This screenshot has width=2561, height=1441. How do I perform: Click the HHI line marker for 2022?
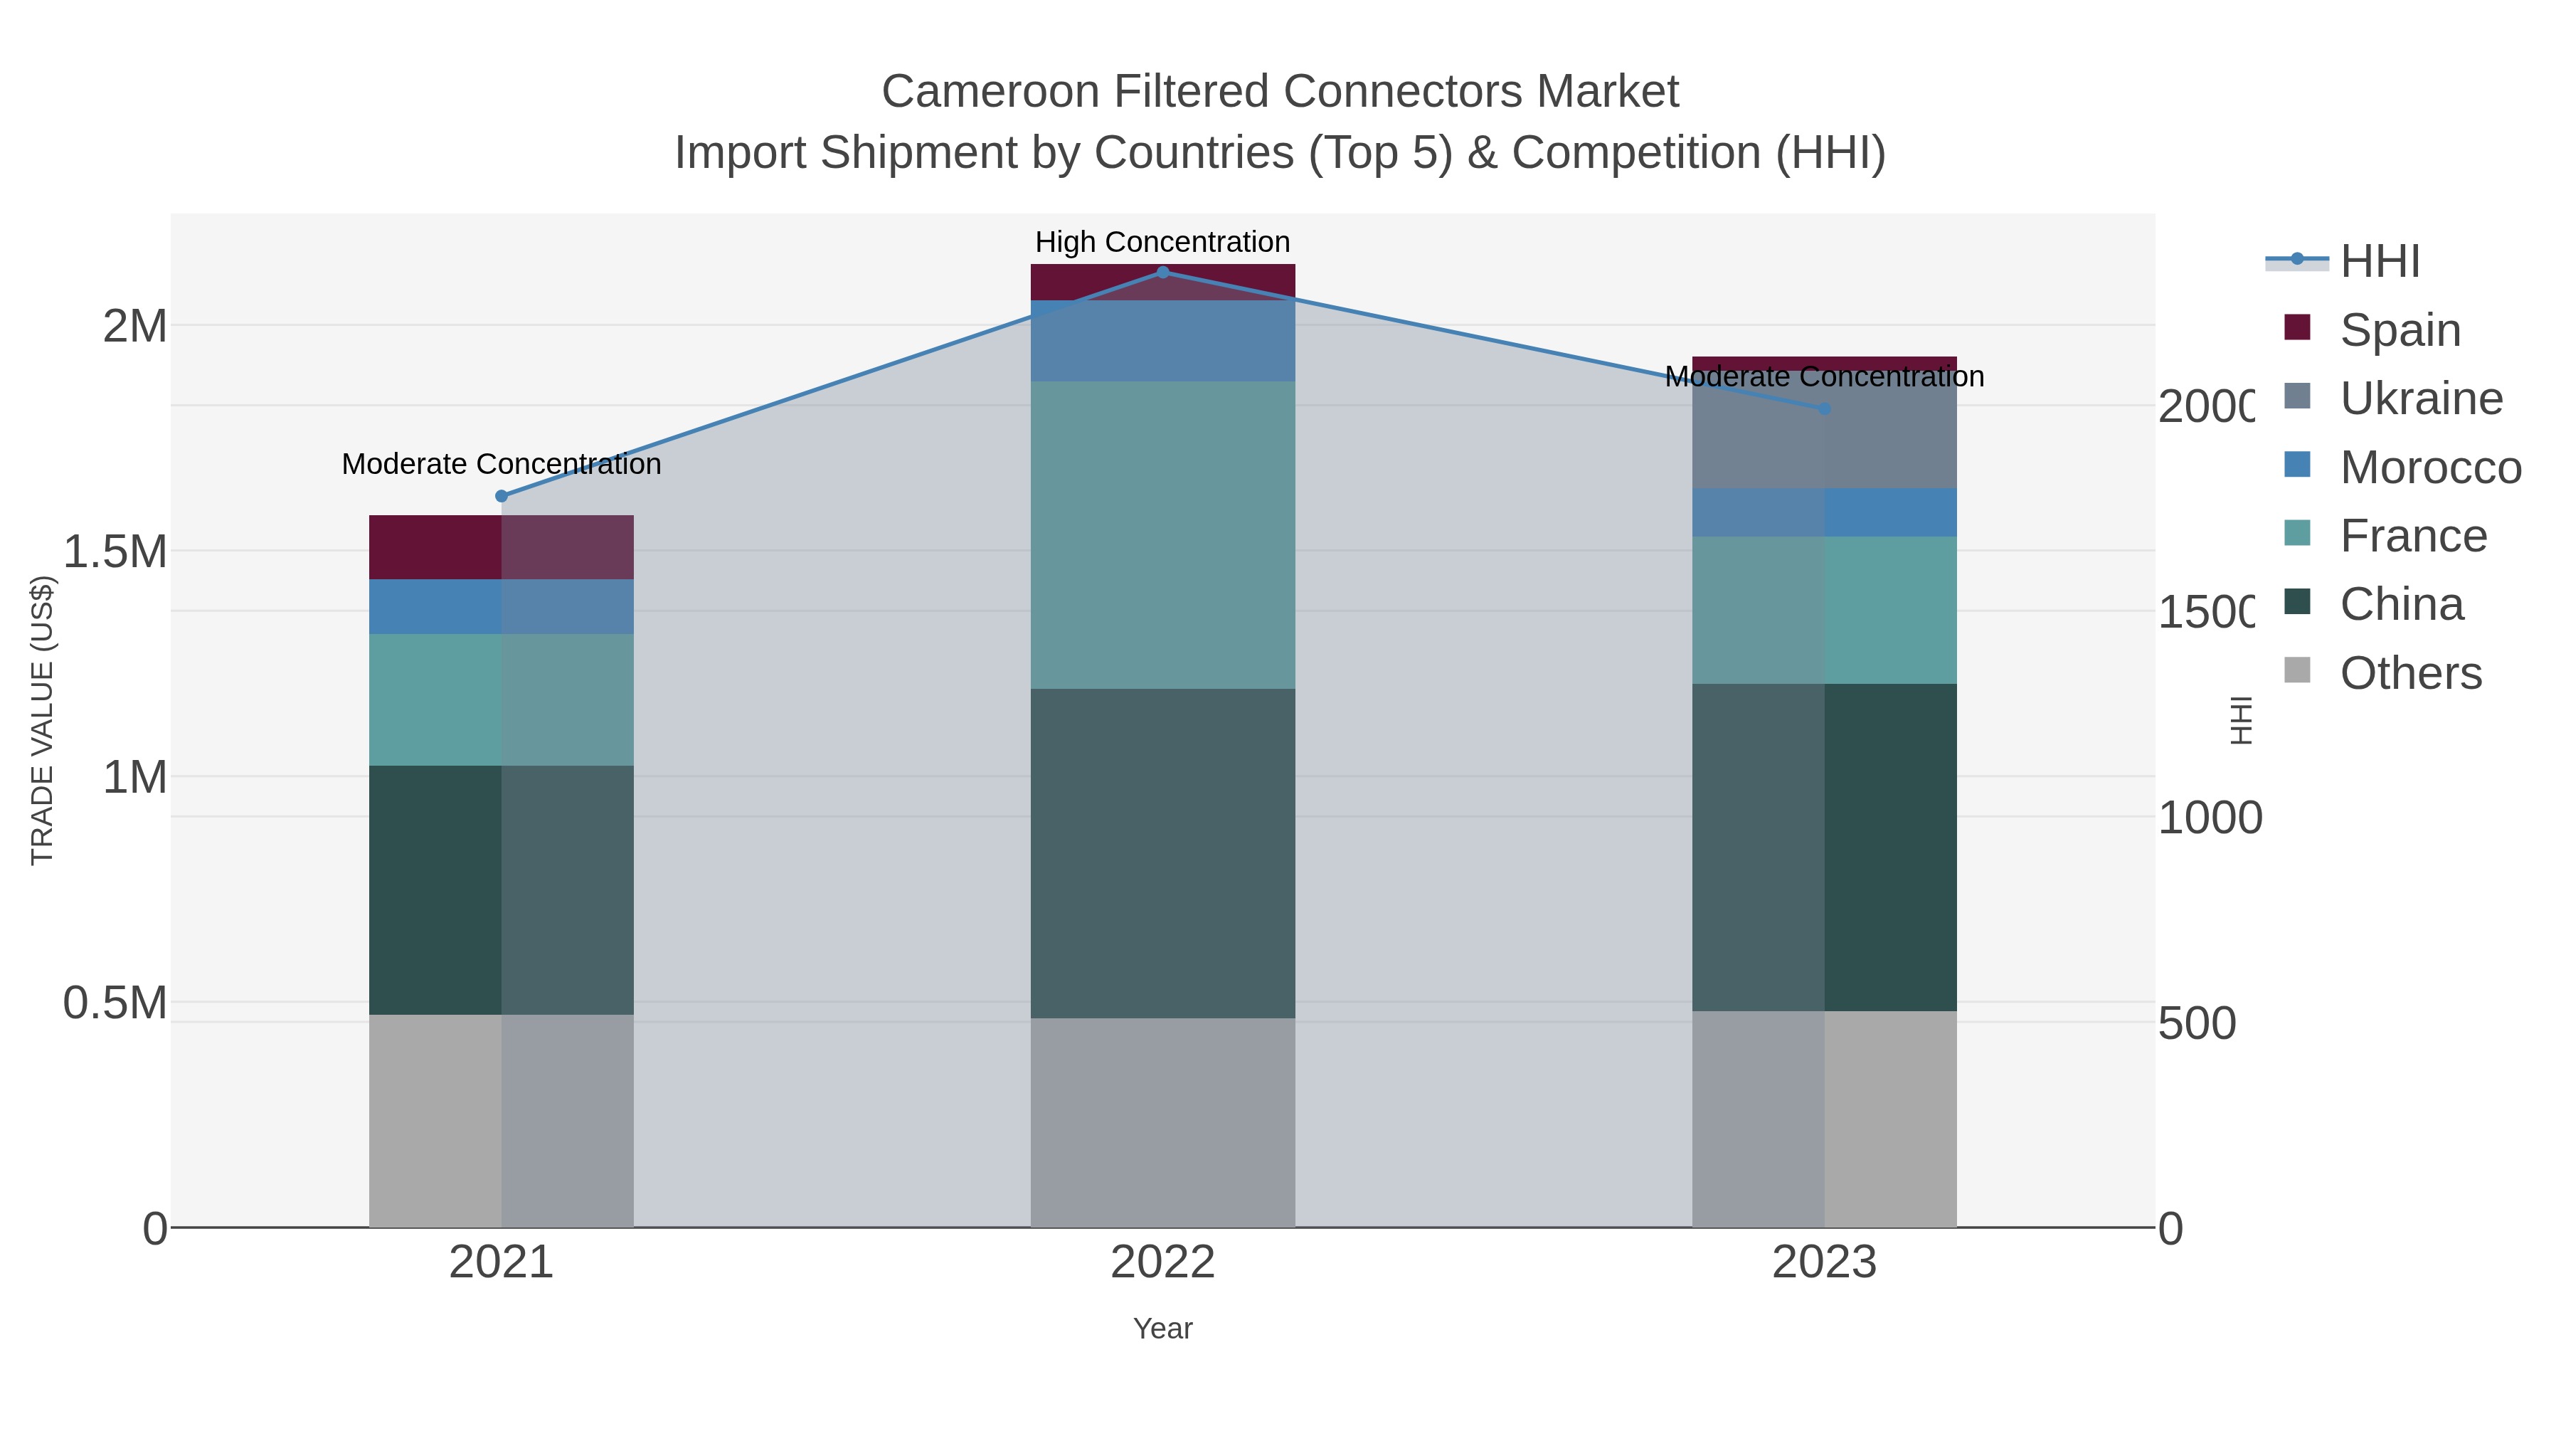coord(1162,273)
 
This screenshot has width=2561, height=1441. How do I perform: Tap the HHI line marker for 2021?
coord(501,496)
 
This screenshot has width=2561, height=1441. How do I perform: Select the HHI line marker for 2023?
coord(1824,408)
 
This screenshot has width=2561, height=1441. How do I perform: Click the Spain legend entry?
coord(2399,330)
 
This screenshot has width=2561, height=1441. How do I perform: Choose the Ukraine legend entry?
coord(2420,398)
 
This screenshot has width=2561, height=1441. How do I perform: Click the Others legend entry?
coord(2410,673)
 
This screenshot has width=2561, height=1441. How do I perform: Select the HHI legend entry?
coord(2378,262)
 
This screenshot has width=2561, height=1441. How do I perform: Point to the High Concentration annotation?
coord(1162,242)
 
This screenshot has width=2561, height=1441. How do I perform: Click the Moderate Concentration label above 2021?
coord(501,465)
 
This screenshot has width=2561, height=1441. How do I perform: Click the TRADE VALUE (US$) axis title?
coord(42,720)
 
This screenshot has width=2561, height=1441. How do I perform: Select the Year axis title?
coord(1162,1329)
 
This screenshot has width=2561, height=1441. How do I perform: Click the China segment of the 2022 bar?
coord(1162,853)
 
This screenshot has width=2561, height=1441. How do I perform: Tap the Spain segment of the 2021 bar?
coord(501,547)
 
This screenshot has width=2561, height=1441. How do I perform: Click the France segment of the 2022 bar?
coord(1162,535)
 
